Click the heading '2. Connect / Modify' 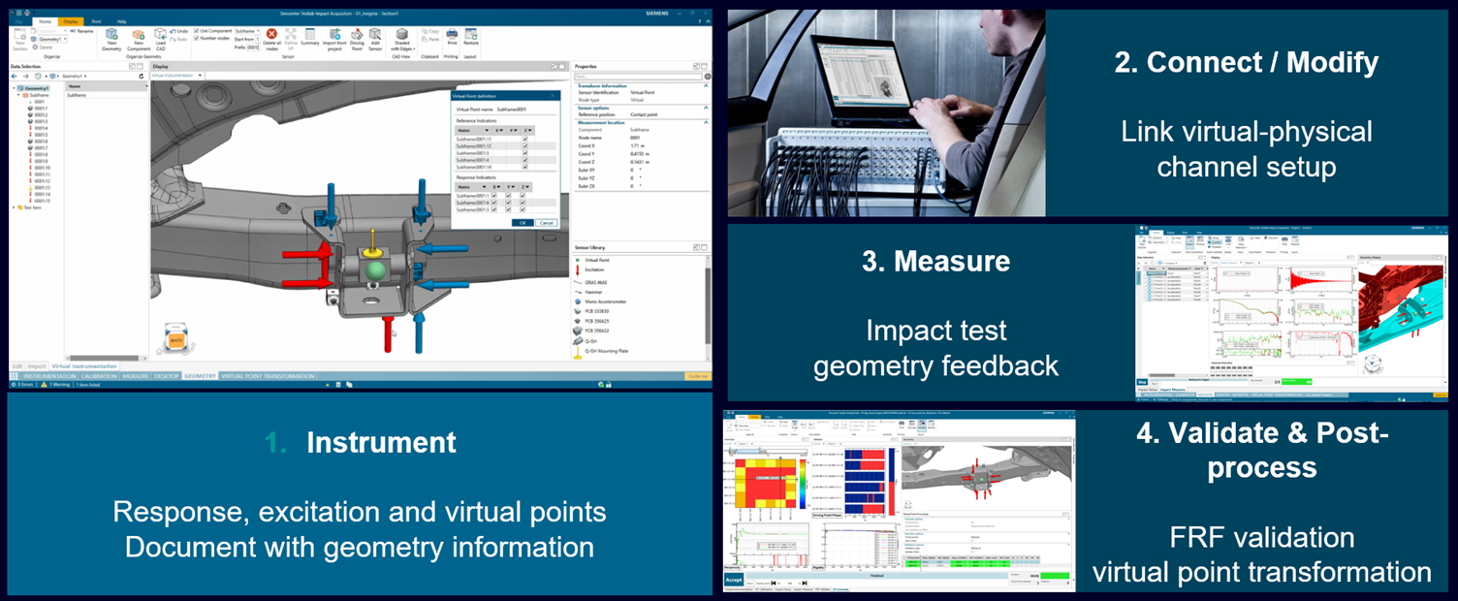pyautogui.click(x=1246, y=63)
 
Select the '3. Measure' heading pyautogui.click(x=935, y=261)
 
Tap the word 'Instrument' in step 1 pyautogui.click(x=381, y=443)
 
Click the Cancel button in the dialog pyautogui.click(x=547, y=222)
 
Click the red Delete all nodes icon pyautogui.click(x=271, y=36)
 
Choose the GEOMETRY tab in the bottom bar pyautogui.click(x=200, y=376)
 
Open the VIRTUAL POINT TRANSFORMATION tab pyautogui.click(x=269, y=376)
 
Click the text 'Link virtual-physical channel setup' pyautogui.click(x=1246, y=148)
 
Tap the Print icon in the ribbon pyautogui.click(x=452, y=37)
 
